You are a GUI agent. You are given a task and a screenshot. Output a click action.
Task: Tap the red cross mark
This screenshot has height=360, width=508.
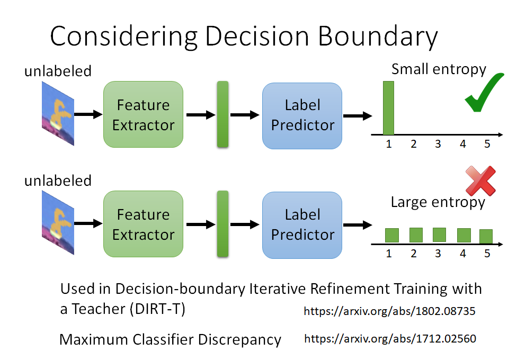[479, 181]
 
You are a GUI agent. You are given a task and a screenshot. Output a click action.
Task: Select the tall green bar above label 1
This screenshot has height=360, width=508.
[389, 107]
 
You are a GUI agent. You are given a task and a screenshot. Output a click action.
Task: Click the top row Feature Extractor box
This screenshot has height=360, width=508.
[143, 114]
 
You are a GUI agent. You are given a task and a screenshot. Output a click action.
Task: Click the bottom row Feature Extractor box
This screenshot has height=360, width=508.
[143, 224]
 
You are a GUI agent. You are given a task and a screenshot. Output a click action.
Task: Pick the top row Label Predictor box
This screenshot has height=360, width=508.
[302, 115]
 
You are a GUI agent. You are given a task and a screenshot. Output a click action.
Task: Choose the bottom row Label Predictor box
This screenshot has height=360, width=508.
[302, 224]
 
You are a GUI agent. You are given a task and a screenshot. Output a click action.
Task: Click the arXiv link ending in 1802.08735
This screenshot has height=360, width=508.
[389, 311]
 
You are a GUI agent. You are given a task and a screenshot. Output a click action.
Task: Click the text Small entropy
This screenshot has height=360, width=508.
[438, 69]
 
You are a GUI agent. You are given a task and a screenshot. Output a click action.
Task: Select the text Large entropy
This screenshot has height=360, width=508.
[438, 202]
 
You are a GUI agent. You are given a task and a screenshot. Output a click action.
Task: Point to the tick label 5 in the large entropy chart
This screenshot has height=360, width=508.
[487, 254]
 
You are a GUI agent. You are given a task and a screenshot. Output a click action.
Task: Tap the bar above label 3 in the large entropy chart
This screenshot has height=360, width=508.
[439, 235]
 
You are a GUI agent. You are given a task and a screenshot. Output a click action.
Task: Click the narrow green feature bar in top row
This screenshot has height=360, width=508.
[222, 114]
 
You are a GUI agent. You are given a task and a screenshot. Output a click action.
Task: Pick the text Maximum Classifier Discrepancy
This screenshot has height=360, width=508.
[170, 339]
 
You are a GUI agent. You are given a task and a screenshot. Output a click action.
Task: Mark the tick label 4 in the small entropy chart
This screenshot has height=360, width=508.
[462, 144]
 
